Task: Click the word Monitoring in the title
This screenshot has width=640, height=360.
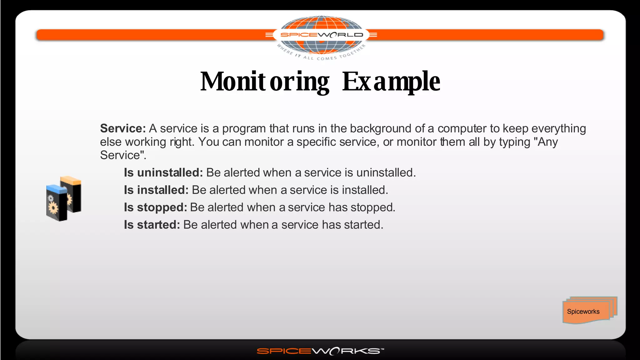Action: coord(265,82)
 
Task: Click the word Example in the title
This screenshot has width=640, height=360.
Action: coord(391,82)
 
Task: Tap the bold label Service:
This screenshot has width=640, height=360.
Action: coord(123,128)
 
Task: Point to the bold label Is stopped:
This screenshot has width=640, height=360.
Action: coord(155,207)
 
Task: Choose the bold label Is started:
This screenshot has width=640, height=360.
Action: coord(152,225)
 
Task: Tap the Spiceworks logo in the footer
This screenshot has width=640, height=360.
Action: coord(320,351)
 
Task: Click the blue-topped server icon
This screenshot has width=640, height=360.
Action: coord(56,203)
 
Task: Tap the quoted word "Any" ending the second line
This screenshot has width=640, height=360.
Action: coord(546,142)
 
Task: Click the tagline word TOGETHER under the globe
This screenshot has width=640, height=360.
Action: coord(352,52)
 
